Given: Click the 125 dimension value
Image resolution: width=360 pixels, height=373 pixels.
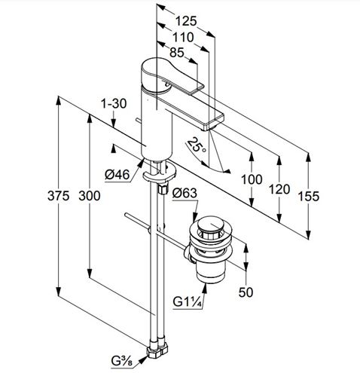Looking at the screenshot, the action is click(185, 21).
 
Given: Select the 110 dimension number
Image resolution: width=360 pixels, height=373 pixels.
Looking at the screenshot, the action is click(183, 38).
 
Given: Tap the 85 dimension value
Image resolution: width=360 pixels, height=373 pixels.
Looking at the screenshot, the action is click(177, 53).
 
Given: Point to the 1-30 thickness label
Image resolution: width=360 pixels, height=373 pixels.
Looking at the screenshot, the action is click(114, 103).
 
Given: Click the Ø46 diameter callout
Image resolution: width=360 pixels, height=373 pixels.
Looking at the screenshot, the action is click(117, 174).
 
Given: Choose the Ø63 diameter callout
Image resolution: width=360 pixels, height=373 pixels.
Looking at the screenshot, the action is click(185, 193).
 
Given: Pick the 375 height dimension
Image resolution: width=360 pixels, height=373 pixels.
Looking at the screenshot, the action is click(58, 196).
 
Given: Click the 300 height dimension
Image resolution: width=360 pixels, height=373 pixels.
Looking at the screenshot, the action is click(90, 196).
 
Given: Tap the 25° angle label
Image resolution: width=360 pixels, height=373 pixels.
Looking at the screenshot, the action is click(197, 145).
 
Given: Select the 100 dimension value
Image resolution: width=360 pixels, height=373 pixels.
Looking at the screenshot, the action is click(252, 179).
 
